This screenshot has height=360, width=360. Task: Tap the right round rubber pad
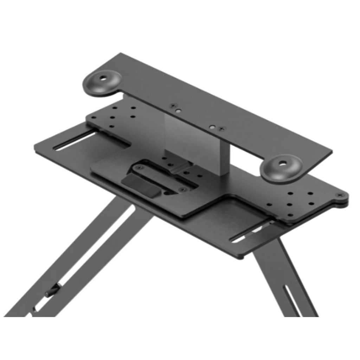[x=281, y=168]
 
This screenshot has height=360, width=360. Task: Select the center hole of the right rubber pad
[x=283, y=163]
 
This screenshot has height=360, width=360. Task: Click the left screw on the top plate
[x=173, y=105]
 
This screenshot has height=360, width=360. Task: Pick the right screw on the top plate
[x=221, y=129]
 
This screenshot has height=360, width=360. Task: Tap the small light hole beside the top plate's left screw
[x=179, y=110]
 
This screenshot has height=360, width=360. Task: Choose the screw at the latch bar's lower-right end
[x=182, y=190]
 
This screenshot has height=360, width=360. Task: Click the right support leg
[x=278, y=278]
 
